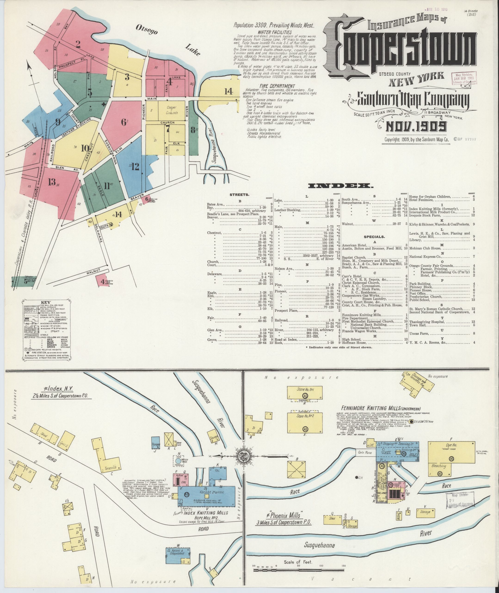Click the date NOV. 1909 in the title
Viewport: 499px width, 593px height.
click(x=416, y=126)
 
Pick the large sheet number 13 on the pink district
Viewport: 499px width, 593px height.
click(x=52, y=182)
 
